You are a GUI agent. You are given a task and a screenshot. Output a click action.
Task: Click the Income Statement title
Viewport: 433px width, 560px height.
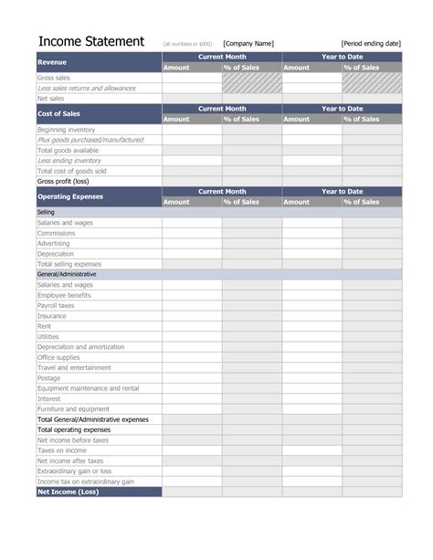tap(90, 42)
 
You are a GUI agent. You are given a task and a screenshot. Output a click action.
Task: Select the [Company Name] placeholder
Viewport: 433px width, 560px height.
tap(248, 43)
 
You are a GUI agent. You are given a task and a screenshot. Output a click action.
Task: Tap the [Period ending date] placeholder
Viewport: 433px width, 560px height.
tap(371, 43)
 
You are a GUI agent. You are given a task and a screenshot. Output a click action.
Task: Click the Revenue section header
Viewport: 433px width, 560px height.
tap(52, 62)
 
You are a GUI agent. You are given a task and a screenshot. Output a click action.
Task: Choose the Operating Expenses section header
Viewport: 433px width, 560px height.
tap(69, 196)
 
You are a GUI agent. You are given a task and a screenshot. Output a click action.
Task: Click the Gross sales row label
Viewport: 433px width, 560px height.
tap(54, 78)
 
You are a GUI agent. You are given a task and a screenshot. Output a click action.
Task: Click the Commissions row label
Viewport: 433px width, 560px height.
tap(58, 233)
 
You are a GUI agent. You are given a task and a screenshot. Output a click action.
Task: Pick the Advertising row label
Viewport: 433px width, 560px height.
tap(55, 243)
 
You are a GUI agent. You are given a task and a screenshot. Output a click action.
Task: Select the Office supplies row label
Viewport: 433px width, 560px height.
tap(60, 357)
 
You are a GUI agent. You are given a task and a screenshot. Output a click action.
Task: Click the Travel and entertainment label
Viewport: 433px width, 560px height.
tap(76, 367)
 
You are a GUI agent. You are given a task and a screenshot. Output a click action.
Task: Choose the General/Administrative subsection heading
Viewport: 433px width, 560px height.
tap(67, 274)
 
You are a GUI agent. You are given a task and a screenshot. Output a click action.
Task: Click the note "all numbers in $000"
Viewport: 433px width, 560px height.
tap(187, 44)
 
